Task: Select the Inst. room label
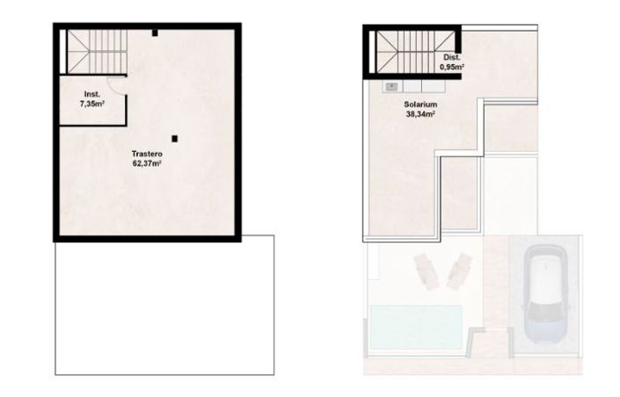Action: click(91, 93)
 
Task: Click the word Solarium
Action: click(408, 104)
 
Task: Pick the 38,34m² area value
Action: click(408, 113)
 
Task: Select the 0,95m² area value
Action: click(452, 67)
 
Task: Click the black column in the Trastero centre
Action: click(177, 138)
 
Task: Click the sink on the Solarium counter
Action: click(390, 87)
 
